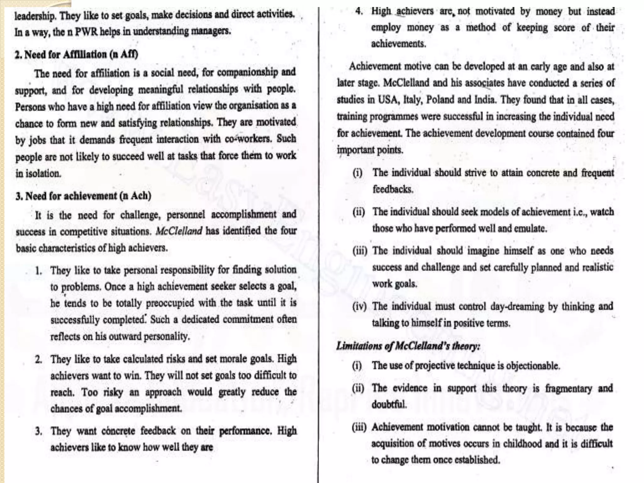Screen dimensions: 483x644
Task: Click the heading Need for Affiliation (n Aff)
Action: tap(76, 54)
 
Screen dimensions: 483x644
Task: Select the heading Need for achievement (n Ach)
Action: tap(83, 196)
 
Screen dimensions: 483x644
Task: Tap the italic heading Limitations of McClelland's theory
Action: tap(408, 346)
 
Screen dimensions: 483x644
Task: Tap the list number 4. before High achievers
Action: tap(359, 11)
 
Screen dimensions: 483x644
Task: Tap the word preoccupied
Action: tap(170, 303)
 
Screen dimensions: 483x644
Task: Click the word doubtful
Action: tap(389, 404)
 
